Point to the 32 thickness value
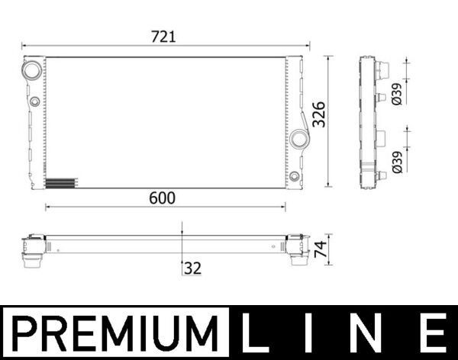pos(192,268)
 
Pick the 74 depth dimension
pos(321,248)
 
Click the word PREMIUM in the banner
pos(114,333)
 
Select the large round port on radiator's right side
pos(298,140)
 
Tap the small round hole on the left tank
pos(35,101)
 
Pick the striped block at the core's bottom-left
pos(61,183)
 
